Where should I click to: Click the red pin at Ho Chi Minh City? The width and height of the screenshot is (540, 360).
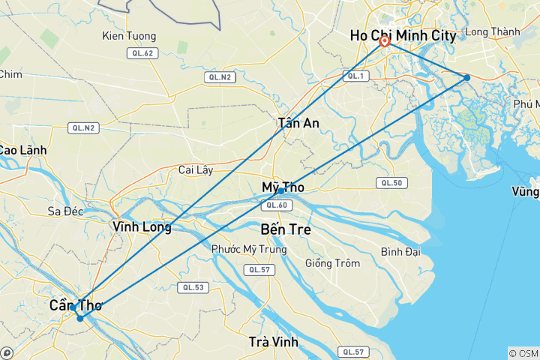[385, 41]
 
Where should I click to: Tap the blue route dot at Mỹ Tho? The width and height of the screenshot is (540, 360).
[280, 190]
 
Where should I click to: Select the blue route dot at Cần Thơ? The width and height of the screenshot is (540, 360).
[80, 317]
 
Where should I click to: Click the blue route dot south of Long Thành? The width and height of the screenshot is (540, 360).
[466, 77]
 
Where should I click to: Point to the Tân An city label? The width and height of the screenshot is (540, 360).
[298, 123]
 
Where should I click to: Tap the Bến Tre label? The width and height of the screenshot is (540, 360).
[286, 229]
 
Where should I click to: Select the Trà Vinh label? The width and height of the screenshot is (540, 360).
[273, 342]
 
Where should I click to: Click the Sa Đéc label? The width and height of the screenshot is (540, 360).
[64, 211]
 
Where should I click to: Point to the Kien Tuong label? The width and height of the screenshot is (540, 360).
[129, 36]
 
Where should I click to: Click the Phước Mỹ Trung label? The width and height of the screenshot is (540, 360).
[248, 249]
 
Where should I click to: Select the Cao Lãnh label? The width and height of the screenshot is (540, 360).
[22, 150]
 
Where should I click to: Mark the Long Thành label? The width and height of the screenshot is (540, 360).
[492, 31]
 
